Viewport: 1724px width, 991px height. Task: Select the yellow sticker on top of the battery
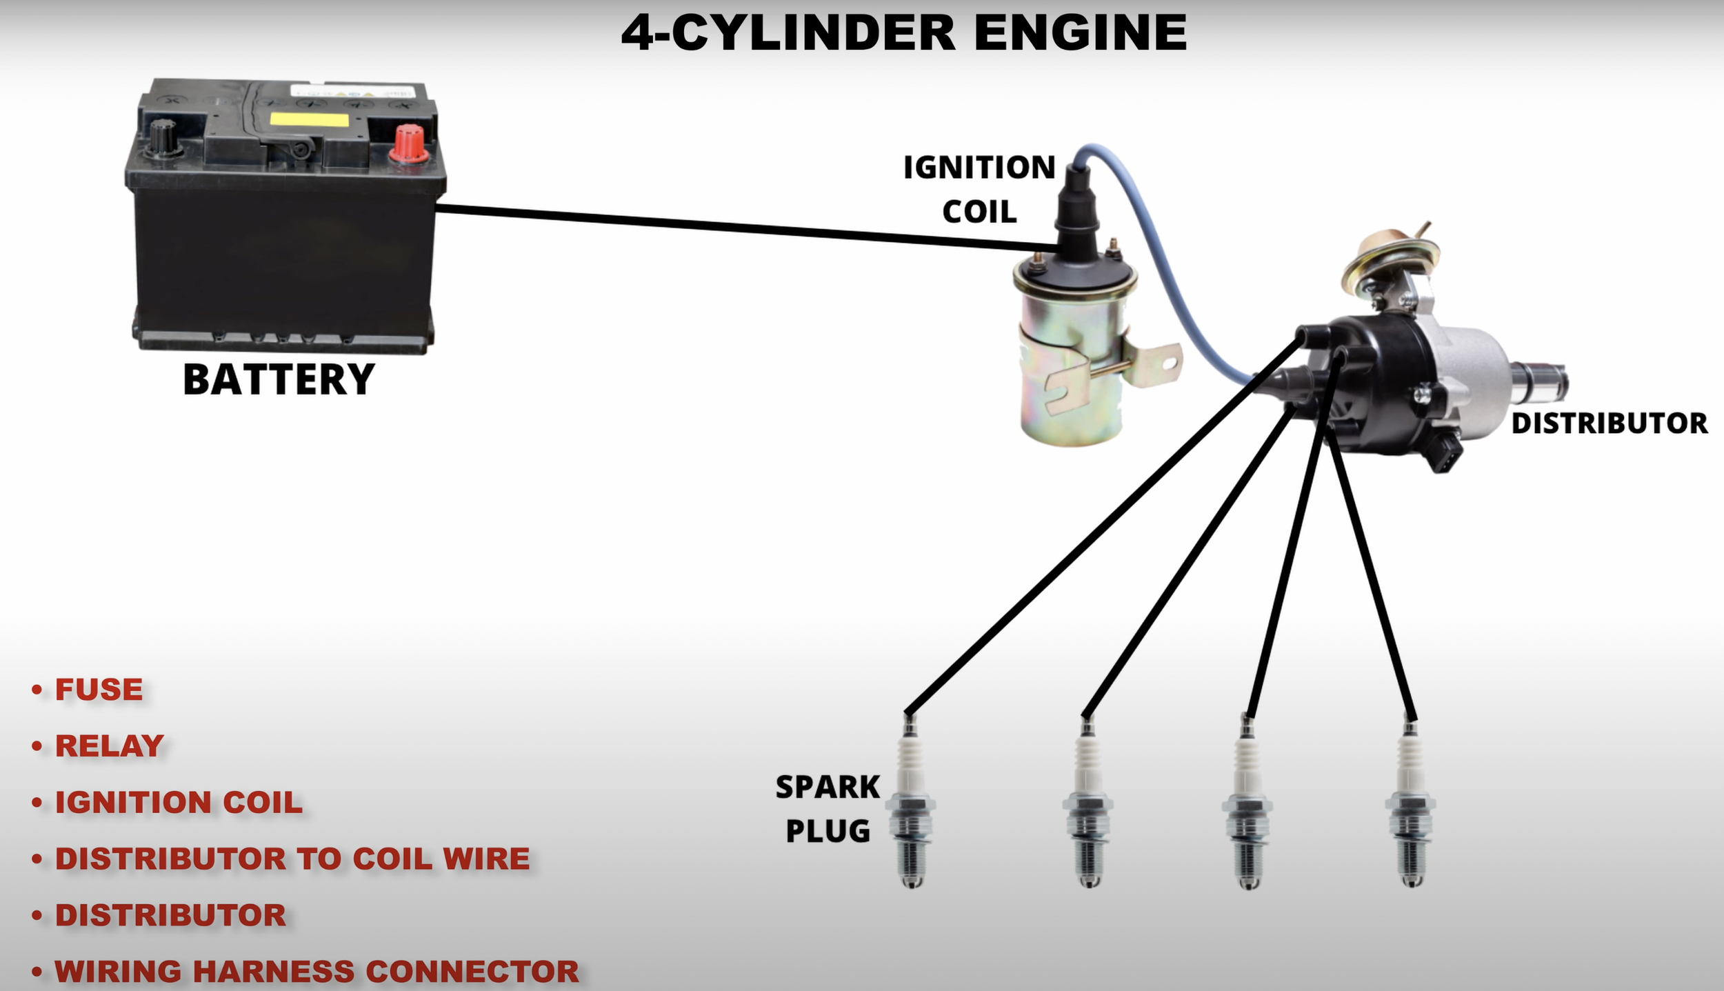pos(309,120)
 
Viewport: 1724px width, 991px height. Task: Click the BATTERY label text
pos(279,380)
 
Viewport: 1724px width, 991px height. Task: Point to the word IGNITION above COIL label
pos(979,168)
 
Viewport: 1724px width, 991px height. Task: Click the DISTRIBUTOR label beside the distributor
pos(1610,423)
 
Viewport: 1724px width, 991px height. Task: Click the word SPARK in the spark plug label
pos(828,787)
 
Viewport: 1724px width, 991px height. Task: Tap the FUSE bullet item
pos(99,690)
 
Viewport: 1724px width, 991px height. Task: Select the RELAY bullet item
pos(109,746)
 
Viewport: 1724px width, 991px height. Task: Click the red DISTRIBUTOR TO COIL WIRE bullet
pos(292,859)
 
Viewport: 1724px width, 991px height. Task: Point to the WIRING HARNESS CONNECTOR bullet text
pos(317,972)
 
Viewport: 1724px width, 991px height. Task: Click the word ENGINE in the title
pos(1081,32)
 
